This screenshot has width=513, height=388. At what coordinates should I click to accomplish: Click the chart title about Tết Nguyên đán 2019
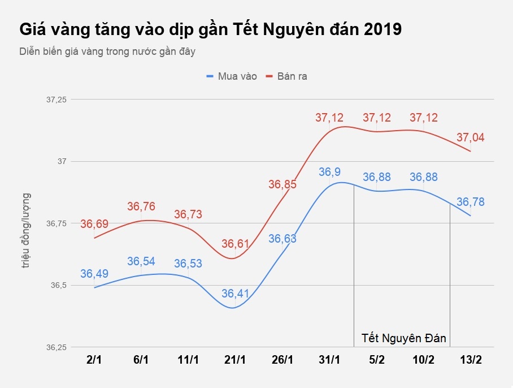(x=210, y=29)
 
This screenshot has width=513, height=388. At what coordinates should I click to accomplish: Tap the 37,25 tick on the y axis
(x=56, y=100)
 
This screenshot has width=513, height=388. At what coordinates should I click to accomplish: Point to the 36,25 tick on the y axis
(x=56, y=347)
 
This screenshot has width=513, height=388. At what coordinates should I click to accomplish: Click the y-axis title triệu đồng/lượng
(x=26, y=231)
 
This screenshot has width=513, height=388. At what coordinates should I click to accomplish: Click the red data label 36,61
(x=235, y=244)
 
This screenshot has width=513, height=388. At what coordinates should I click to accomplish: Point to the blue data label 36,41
(x=235, y=294)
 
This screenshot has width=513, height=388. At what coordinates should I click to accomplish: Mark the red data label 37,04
(x=470, y=137)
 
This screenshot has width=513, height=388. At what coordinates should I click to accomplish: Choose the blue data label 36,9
(x=329, y=172)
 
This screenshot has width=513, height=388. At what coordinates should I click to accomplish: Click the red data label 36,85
(x=282, y=184)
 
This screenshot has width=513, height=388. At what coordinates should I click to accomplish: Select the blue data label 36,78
(x=470, y=202)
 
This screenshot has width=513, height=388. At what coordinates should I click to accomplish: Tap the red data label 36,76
(x=141, y=207)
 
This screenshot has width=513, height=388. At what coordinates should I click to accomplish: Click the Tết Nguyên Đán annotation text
(x=403, y=339)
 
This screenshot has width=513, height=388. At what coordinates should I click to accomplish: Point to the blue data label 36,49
(x=94, y=274)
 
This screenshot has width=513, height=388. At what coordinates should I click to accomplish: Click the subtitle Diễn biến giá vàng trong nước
(x=107, y=51)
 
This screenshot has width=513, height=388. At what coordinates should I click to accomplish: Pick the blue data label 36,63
(x=282, y=239)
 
